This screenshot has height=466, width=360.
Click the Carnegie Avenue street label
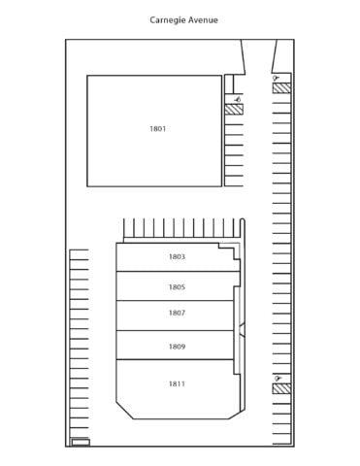(183, 20)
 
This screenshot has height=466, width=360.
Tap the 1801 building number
(157, 129)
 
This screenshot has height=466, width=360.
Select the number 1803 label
(177, 256)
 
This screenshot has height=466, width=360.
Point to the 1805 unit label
(177, 287)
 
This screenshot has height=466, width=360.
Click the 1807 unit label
(177, 313)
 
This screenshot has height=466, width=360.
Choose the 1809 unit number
(177, 347)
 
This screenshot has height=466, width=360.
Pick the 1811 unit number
(177, 383)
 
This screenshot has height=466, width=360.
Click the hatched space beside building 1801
(234, 109)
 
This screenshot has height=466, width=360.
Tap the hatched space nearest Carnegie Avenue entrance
(281, 88)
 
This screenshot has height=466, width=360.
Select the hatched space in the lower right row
(281, 388)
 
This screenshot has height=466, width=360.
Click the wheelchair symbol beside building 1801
(239, 99)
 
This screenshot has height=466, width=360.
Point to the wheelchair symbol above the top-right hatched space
(276, 78)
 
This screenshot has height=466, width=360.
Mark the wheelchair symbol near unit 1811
(278, 378)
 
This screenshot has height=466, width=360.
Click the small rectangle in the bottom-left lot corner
(81, 442)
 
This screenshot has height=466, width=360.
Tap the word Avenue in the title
(203, 20)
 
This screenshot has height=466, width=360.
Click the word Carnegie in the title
(168, 20)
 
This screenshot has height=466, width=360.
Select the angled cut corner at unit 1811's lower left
(125, 411)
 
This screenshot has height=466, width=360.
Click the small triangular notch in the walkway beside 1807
(243, 330)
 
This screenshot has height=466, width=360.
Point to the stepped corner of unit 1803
(229, 251)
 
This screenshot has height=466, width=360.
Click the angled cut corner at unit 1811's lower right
(235, 415)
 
